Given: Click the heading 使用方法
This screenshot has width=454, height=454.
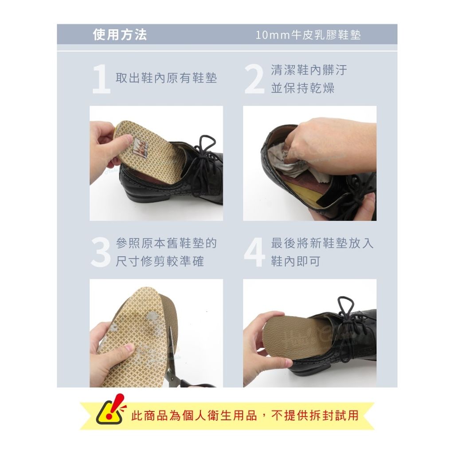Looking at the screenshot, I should coord(120,35).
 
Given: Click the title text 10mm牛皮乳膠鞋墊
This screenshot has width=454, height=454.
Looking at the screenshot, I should coord(308,35).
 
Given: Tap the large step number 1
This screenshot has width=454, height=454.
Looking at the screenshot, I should coord(101,79).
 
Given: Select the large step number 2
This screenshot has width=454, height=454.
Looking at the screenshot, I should coord(254,79).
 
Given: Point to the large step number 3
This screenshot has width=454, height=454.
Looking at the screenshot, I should coord(101,252).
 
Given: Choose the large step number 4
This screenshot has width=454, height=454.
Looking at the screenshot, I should coord(254,253).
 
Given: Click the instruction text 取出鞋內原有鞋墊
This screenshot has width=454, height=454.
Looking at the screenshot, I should coord(166,78).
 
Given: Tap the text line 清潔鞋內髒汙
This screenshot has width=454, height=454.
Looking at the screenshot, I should coord(309,70).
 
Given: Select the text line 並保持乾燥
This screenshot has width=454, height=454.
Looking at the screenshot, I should coord(303,88).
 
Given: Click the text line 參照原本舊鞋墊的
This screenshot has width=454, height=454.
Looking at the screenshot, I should coord(166,243).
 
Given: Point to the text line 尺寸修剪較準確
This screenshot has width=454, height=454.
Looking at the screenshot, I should coord(160,262).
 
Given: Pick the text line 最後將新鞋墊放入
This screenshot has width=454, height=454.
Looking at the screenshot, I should coord(322,243).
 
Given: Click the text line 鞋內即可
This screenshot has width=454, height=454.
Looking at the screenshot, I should coord(296,262).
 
